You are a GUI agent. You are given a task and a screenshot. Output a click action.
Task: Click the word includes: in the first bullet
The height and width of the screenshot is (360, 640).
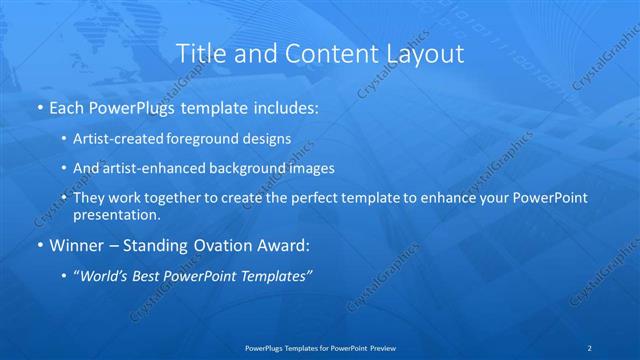pyautogui.click(x=286, y=105)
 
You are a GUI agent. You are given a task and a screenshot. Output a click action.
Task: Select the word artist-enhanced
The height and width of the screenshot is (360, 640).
pyautogui.click(x=149, y=168)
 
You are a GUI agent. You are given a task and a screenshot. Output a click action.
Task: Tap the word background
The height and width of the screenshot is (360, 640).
pyautogui.click(x=241, y=168)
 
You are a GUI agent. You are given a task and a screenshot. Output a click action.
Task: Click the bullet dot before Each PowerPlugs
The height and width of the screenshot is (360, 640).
pyautogui.click(x=39, y=106)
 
